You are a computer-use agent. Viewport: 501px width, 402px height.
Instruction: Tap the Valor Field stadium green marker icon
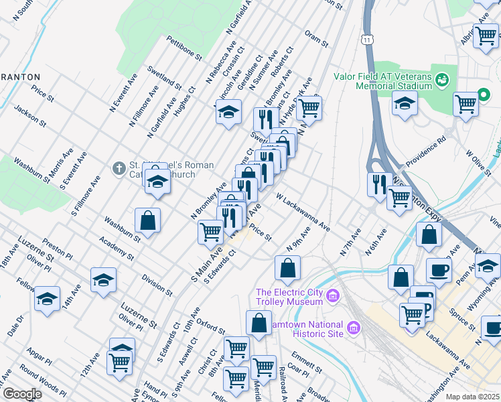[441, 80]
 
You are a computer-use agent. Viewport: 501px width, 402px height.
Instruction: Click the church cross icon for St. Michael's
[119, 167]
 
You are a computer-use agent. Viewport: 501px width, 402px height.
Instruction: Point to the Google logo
[22, 394]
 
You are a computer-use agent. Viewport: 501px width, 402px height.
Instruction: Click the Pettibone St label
[184, 48]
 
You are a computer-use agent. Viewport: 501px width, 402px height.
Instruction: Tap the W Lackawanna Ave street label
[303, 210]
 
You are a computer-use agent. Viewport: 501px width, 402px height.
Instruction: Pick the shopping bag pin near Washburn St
[147, 220]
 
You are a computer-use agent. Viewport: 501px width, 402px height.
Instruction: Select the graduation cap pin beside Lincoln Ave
[228, 111]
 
